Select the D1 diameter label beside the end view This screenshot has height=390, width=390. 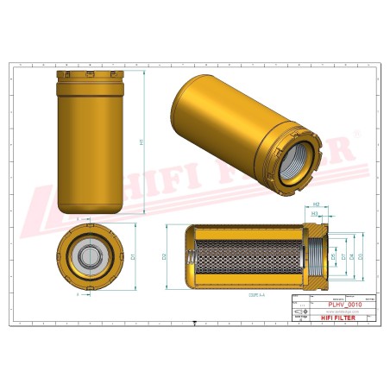pyautogui.click(x=134, y=255)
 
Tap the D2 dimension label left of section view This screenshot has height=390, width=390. pyautogui.click(x=164, y=256)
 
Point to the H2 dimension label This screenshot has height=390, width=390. pyautogui.click(x=316, y=204)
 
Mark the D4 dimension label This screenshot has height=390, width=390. pyautogui.click(x=351, y=256)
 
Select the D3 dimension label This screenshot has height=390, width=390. pyautogui.click(x=360, y=256)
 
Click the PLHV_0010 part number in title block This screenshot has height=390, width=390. pyautogui.click(x=345, y=304)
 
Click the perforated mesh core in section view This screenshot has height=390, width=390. pyautogui.click(x=250, y=256)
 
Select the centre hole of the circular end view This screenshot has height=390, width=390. pyautogui.click(x=89, y=256)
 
